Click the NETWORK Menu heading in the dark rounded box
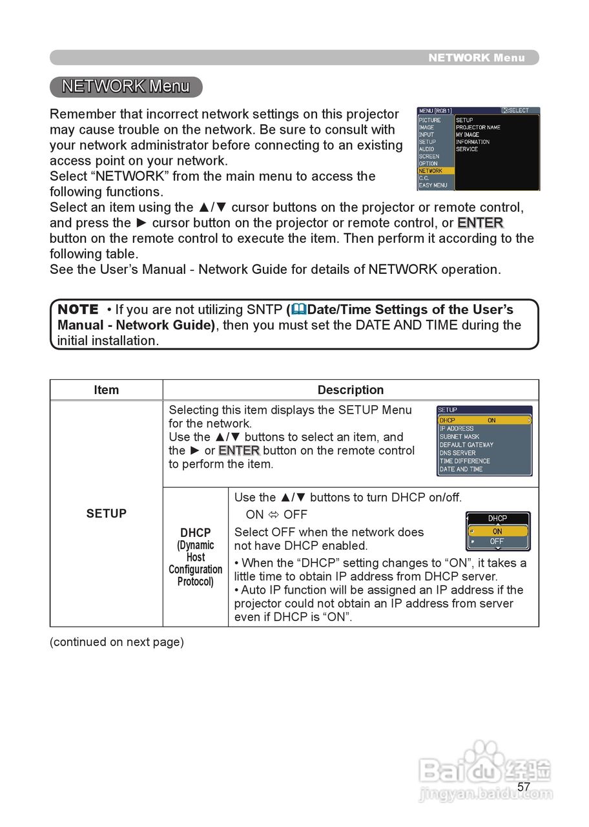[x=126, y=87]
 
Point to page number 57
[x=524, y=786]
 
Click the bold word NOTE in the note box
[x=78, y=309]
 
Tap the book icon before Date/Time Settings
[x=298, y=309]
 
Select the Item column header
[x=106, y=390]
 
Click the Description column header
[x=350, y=390]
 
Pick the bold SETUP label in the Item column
[x=106, y=514]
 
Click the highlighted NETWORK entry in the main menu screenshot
[x=431, y=171]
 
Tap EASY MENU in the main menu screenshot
[x=433, y=185]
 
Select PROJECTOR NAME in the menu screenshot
[x=478, y=127]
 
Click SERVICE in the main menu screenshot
[x=467, y=149]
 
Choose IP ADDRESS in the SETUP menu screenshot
[x=457, y=428]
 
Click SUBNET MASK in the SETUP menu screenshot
[x=459, y=437]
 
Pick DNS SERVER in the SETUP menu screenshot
[x=457, y=453]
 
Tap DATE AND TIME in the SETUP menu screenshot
[x=460, y=469]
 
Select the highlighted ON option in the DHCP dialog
[x=497, y=531]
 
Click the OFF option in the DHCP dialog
[x=497, y=541]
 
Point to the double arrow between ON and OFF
[x=273, y=515]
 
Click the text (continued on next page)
[x=117, y=642]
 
